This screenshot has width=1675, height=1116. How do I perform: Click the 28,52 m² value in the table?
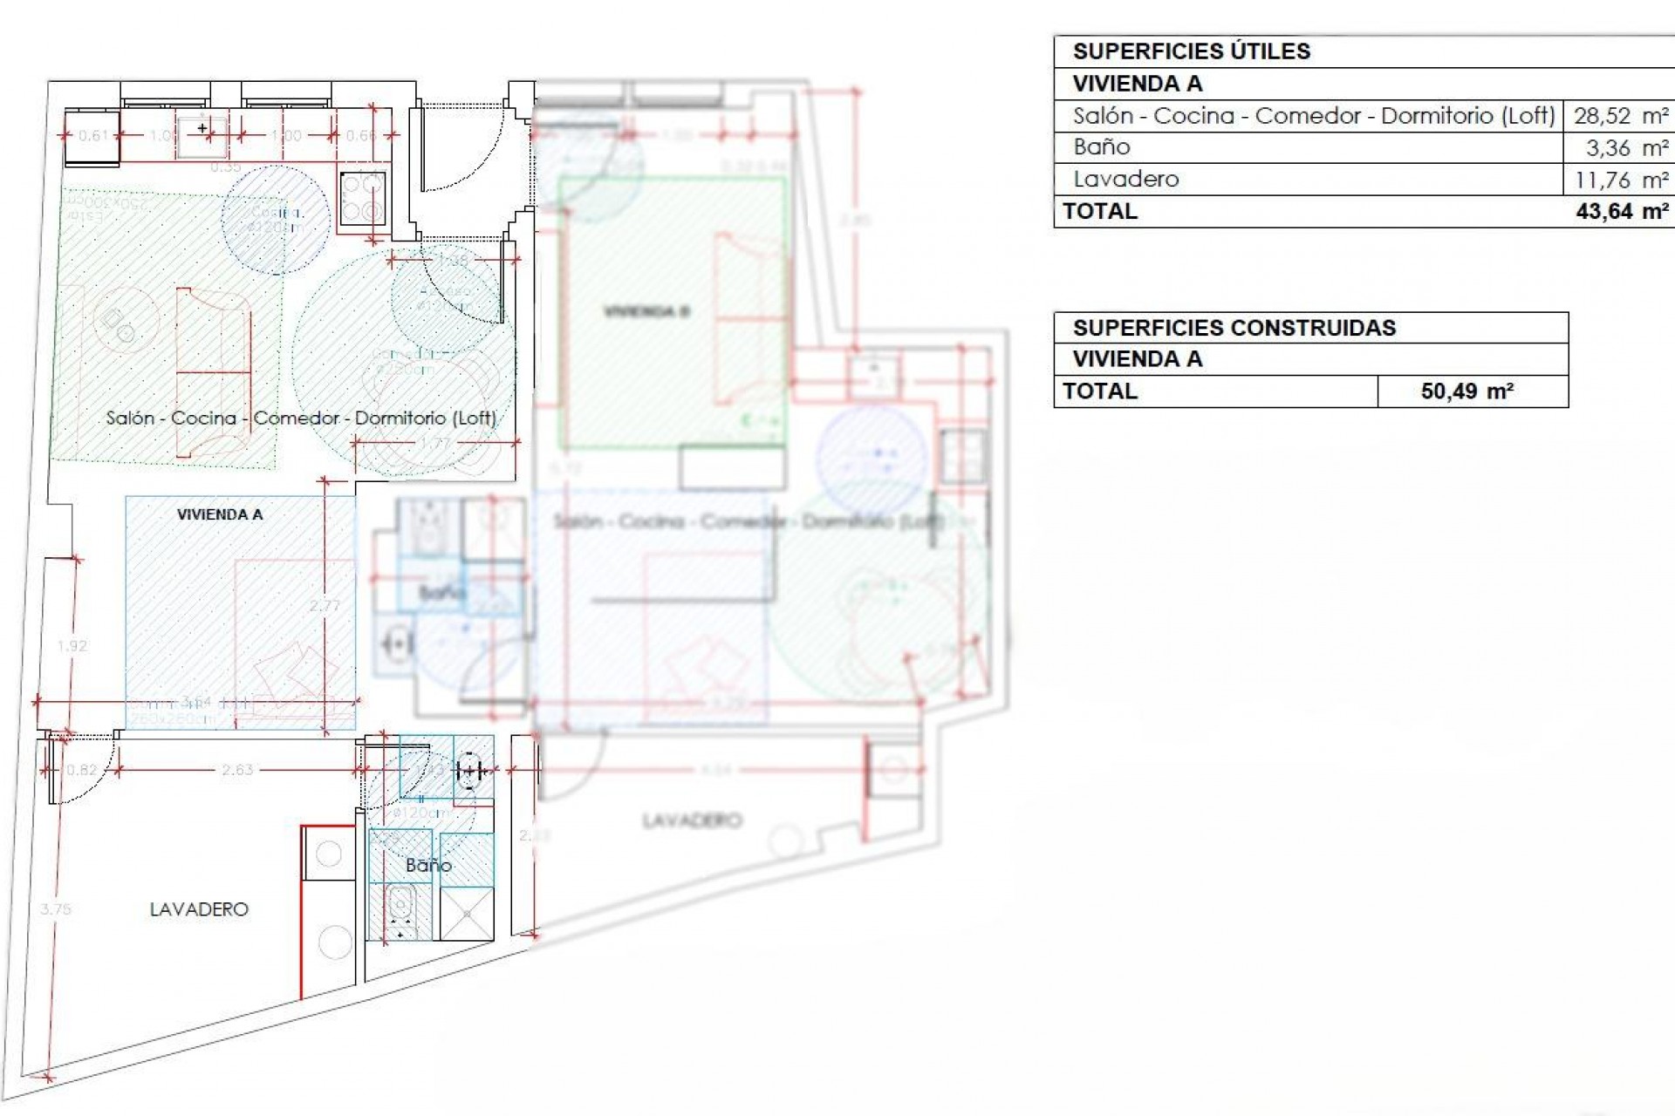[1620, 116]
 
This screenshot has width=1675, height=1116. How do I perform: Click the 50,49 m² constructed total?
[1466, 391]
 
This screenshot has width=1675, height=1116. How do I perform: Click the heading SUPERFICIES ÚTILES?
[1191, 51]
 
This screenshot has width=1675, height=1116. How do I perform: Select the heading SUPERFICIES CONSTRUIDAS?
[1234, 328]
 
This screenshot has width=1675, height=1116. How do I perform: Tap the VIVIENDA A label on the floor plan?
[220, 514]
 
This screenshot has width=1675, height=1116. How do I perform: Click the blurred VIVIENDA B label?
[647, 311]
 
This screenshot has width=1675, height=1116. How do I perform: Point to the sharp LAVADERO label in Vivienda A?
[199, 909]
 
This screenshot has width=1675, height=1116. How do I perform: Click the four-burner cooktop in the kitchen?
[362, 199]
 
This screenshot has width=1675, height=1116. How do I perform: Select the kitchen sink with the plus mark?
[202, 135]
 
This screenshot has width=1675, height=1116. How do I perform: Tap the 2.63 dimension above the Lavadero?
[237, 770]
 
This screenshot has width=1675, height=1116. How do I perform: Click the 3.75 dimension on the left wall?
[55, 909]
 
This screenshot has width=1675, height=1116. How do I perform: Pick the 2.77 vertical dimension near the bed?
[325, 606]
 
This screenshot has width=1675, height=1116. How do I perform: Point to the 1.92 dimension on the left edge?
[72, 646]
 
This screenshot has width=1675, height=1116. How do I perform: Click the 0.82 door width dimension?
[82, 770]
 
